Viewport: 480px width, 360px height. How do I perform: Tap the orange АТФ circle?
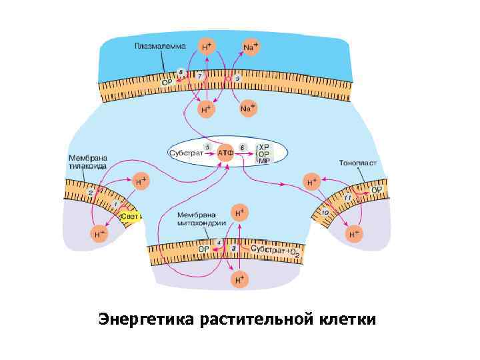tap(225, 153)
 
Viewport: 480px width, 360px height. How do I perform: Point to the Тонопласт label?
tap(358, 162)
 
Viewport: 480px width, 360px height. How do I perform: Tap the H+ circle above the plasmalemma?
tap(207, 47)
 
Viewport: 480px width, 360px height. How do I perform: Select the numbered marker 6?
tap(242, 146)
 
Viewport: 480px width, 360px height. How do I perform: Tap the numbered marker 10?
tap(326, 213)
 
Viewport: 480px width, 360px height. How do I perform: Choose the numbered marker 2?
tap(91, 193)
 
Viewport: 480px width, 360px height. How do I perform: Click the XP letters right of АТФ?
tap(264, 146)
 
